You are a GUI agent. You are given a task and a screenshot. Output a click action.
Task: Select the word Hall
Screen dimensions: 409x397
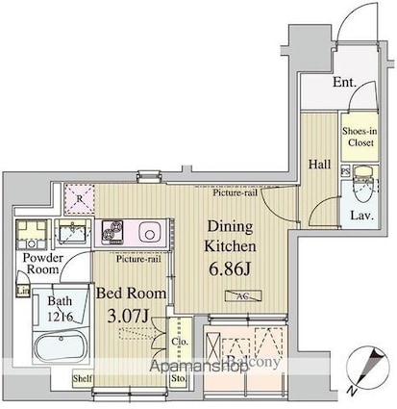point(319,165)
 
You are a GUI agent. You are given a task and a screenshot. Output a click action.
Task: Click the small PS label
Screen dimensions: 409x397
point(345,171)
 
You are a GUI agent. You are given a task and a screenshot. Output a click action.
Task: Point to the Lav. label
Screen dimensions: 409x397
point(360,215)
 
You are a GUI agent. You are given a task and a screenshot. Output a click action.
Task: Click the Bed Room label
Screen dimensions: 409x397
point(130,292)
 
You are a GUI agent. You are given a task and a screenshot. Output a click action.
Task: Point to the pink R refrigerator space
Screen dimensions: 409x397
point(80,199)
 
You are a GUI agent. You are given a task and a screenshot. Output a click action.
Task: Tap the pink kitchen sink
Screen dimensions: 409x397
point(151,232)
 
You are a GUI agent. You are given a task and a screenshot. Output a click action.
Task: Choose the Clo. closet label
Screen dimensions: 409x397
point(180,342)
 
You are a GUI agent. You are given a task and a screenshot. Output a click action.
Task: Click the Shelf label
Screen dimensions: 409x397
point(83,379)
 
